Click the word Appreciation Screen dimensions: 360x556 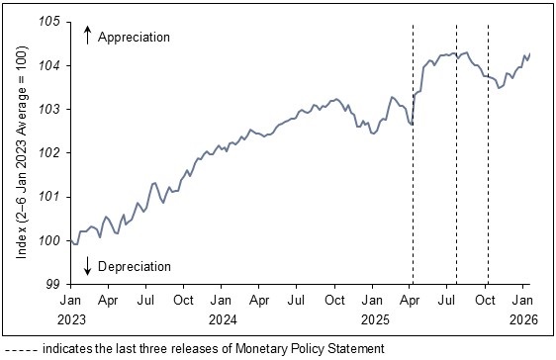[135, 37]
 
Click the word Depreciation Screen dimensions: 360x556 [135, 266]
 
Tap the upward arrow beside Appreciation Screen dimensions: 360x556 [87, 36]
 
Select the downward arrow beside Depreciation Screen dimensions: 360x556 [87, 265]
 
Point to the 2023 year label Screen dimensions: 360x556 [71, 318]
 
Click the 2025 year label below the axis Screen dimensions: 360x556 [373, 318]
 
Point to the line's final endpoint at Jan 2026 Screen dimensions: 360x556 [530, 53]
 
